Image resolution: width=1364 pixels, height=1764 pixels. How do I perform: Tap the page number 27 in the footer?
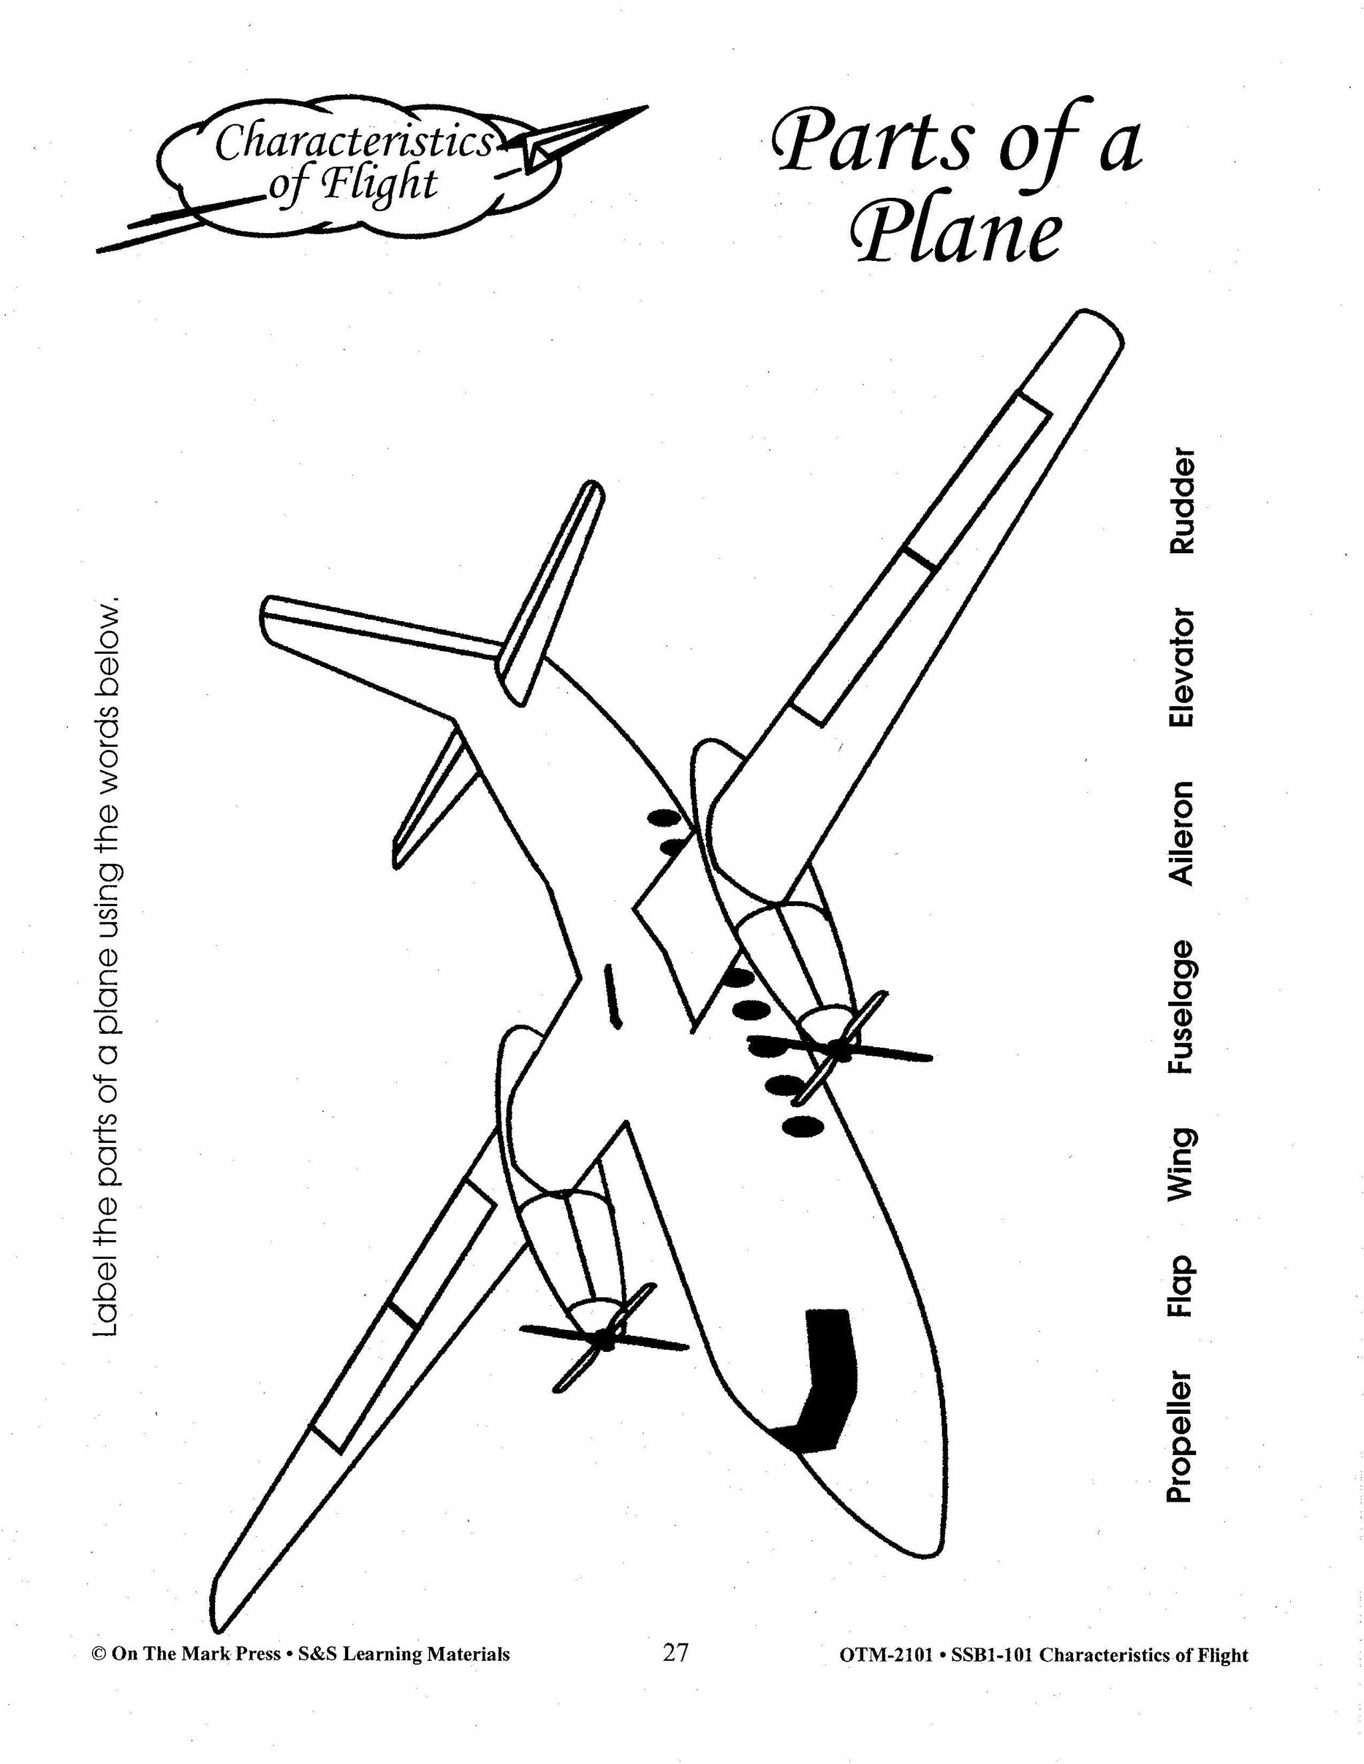click(x=675, y=1654)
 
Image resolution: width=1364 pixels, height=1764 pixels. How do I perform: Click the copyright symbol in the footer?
click(x=99, y=1654)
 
